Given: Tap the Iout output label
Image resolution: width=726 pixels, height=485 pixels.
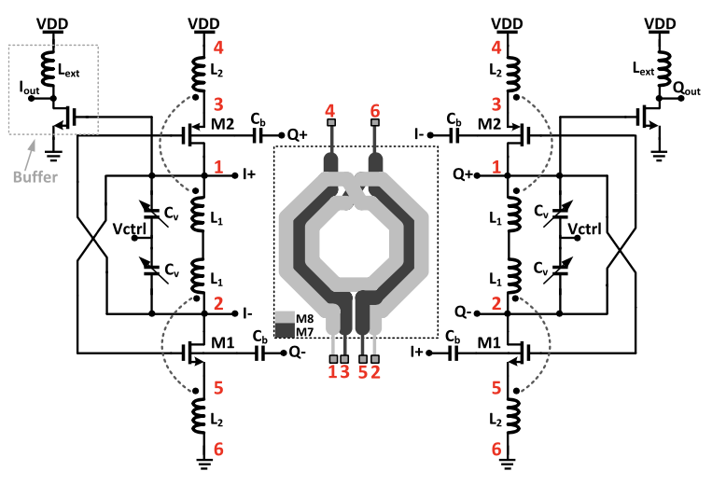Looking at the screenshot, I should tap(32, 89).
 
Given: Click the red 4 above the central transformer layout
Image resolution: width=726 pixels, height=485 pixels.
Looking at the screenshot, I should tap(330, 112).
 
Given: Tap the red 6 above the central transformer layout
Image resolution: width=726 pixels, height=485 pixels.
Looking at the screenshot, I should tap(375, 112).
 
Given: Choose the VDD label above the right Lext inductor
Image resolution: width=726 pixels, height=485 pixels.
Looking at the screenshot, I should tap(661, 24).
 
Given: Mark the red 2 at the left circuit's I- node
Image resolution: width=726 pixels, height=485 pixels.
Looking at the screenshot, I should tap(218, 302).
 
